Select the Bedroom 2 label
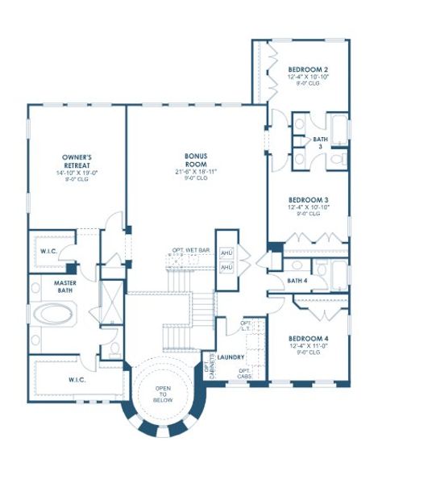point(308,70)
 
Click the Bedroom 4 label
point(308,339)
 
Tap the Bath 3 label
point(321,142)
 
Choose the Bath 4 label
point(298,281)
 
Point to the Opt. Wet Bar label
point(191,250)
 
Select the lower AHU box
point(226,266)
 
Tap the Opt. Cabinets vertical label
point(212,367)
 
